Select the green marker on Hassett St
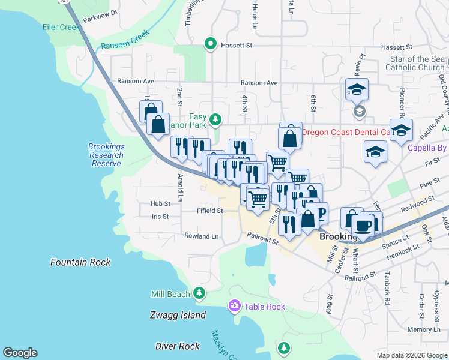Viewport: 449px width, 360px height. click(x=211, y=43)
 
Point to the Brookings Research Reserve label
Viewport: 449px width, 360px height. click(x=106, y=155)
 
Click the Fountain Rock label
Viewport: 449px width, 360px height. click(x=80, y=262)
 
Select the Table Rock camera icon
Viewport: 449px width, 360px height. click(x=234, y=307)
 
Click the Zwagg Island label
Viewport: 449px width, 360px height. click(x=177, y=315)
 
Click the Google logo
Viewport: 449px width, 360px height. click(x=20, y=353)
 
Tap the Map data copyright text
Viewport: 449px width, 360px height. click(x=411, y=355)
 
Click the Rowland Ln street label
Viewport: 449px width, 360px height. click(x=201, y=236)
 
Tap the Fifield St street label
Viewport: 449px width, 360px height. click(x=210, y=211)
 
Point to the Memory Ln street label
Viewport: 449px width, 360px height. click(x=423, y=329)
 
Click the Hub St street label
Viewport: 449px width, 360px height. click(x=161, y=204)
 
